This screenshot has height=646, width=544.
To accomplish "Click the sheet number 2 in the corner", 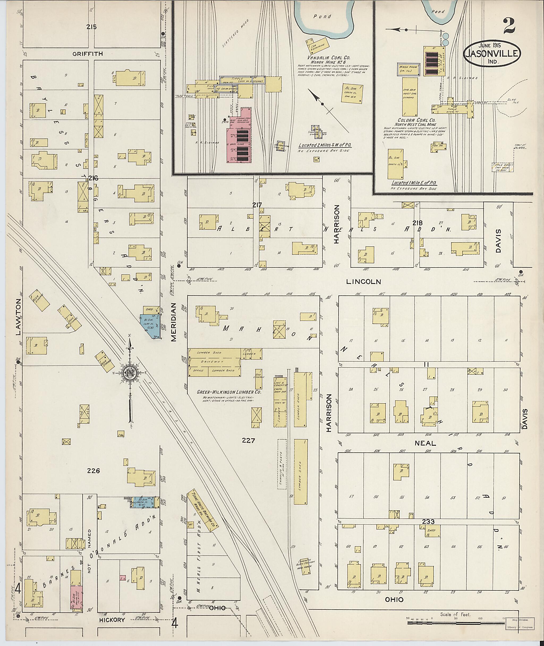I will (x=509, y=26).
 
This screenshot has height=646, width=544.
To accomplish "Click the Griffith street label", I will (x=87, y=54).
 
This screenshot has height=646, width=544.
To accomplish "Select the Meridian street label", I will (x=174, y=322).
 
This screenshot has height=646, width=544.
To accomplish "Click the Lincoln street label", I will (x=363, y=282).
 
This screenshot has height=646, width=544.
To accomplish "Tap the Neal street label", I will (x=425, y=443).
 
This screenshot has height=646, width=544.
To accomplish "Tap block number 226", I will (x=93, y=471).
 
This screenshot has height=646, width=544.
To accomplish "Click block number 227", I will (x=248, y=441).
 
